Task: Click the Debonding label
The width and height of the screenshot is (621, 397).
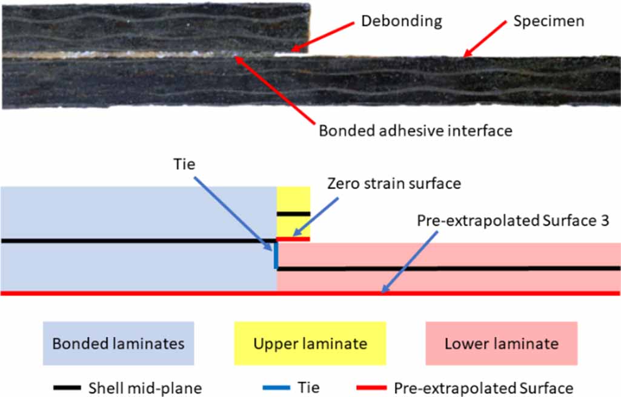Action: point(401,21)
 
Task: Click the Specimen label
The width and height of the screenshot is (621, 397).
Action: point(548,21)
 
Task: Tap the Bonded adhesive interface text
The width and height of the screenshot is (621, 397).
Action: point(415,130)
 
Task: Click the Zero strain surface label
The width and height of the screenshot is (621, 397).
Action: point(394,182)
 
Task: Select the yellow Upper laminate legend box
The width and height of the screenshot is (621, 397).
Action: point(310,344)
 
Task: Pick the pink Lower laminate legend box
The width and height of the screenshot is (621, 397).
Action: point(501,344)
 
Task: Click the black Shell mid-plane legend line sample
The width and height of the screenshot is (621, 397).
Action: point(67,387)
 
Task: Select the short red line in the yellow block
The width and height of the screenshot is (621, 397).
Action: point(294,239)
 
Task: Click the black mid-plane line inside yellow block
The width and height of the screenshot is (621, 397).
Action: point(294,214)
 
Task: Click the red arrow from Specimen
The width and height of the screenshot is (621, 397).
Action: point(484,39)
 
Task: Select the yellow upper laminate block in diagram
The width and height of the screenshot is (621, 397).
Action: point(294,200)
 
